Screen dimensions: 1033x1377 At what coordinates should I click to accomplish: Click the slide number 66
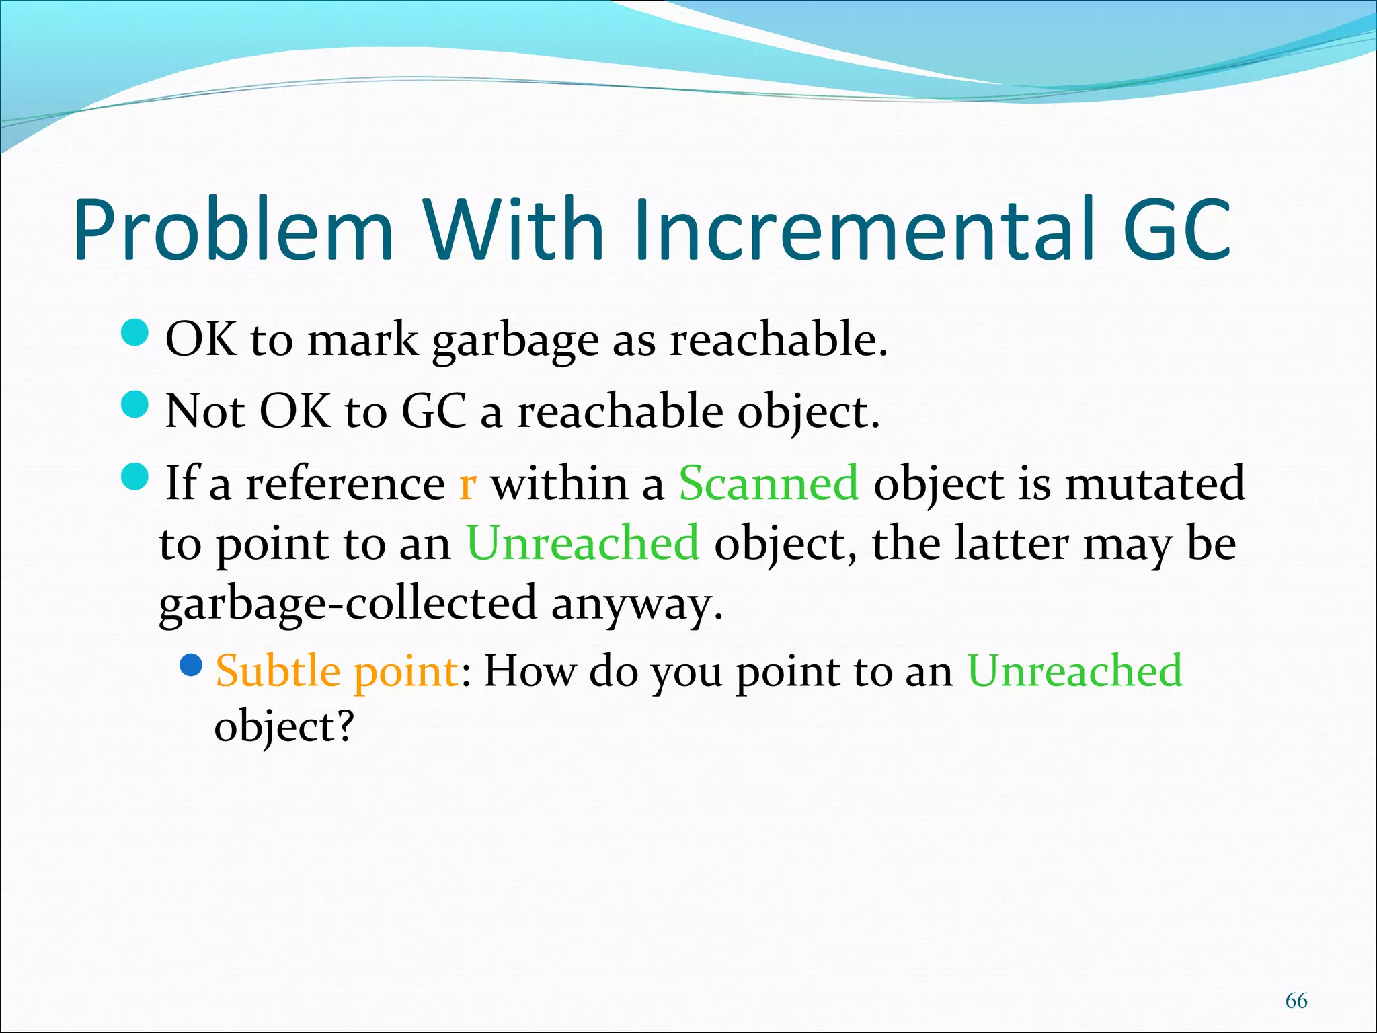click(x=1296, y=1001)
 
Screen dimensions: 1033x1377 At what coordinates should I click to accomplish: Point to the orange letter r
click(x=468, y=484)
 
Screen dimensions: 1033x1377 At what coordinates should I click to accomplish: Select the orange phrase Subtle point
click(x=337, y=671)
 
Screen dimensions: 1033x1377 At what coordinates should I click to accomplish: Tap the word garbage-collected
click(x=348, y=603)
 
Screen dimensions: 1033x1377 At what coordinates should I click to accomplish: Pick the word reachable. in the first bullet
click(x=779, y=340)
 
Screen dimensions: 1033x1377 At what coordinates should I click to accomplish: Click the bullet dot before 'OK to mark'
click(x=135, y=334)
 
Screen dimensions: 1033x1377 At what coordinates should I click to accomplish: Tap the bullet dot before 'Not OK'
click(x=135, y=405)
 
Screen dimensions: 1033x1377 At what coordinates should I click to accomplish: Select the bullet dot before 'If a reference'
click(x=135, y=477)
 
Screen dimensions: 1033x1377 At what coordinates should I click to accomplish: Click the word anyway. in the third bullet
click(x=637, y=603)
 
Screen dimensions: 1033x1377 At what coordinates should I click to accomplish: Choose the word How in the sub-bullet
click(x=529, y=671)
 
